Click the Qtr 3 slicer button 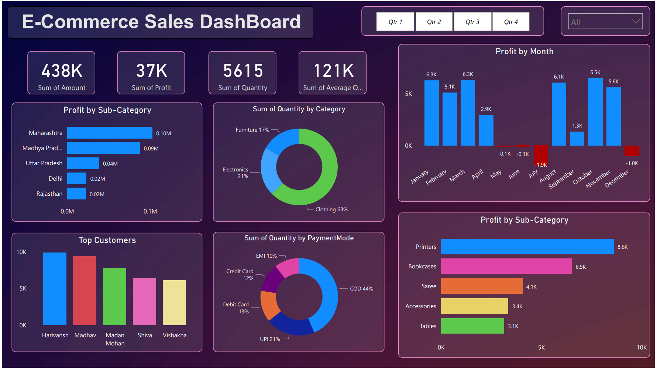[x=472, y=22]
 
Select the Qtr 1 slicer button [x=395, y=22]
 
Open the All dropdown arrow [x=635, y=21]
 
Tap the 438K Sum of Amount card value [x=62, y=71]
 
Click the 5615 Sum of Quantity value [x=243, y=71]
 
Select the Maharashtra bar [x=110, y=133]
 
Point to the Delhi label [x=55, y=178]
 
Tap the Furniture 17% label [x=252, y=130]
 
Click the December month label [x=617, y=178]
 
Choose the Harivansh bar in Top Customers [x=55, y=289]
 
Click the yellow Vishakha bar [x=174, y=303]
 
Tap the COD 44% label [x=361, y=289]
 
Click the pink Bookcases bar [x=506, y=266]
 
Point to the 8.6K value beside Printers [x=622, y=247]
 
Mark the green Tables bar [x=472, y=326]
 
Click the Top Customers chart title [x=107, y=240]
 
